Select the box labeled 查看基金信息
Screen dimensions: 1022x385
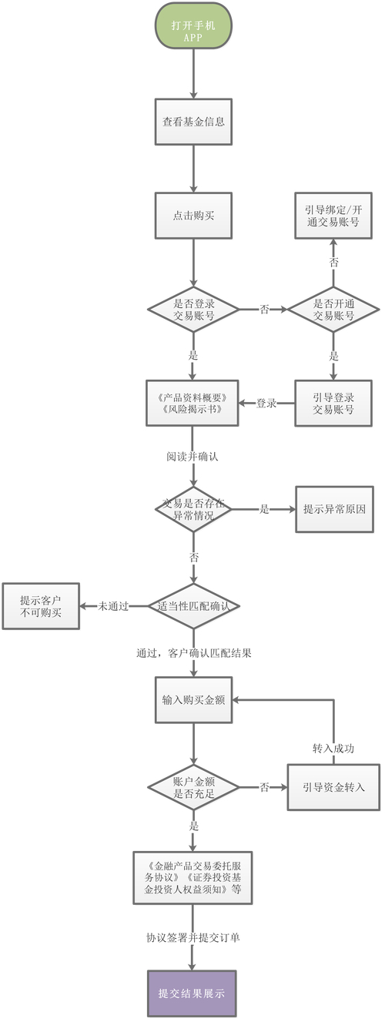pyautogui.click(x=193, y=121)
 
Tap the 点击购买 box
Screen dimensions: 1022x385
pyautogui.click(x=193, y=215)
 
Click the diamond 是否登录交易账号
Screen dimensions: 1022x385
pyautogui.click(x=193, y=309)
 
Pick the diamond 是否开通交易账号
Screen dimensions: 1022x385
pyautogui.click(x=333, y=309)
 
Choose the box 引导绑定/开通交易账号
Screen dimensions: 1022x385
pyautogui.click(x=333, y=215)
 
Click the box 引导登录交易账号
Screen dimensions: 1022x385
pyautogui.click(x=333, y=403)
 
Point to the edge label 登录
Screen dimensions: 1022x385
pyautogui.click(x=266, y=403)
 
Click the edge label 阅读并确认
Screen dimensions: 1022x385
pyautogui.click(x=192, y=456)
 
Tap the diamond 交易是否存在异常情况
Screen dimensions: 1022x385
pyautogui.click(x=193, y=509)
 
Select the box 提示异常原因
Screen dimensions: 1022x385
pyautogui.click(x=334, y=509)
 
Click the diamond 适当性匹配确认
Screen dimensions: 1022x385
pyautogui.click(x=193, y=605)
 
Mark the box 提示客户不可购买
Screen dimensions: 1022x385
pyautogui.click(x=40, y=605)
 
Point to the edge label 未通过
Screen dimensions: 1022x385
pyautogui.click(x=112, y=605)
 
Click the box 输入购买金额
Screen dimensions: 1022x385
pyautogui.click(x=193, y=700)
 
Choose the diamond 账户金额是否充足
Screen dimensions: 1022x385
pyautogui.click(x=193, y=787)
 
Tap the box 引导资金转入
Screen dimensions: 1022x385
pyautogui.click(x=333, y=787)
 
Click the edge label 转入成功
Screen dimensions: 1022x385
pyautogui.click(x=333, y=748)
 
